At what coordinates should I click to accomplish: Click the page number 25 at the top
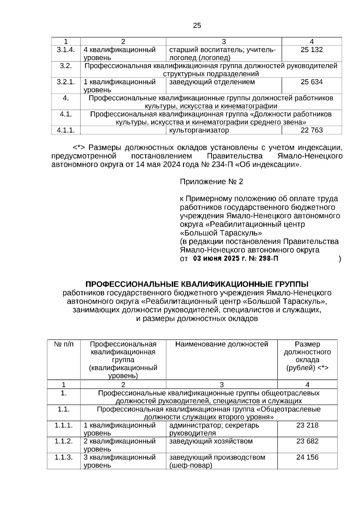pyautogui.click(x=197, y=26)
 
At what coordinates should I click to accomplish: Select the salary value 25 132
pyautogui.click(x=312, y=50)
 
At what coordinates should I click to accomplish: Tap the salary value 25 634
pyautogui.click(x=312, y=82)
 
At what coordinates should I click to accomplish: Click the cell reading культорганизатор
pyautogui.click(x=199, y=130)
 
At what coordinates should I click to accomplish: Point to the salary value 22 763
pyautogui.click(x=312, y=130)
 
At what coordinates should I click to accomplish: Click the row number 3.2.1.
pyautogui.click(x=66, y=82)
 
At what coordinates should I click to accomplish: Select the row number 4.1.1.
pyautogui.click(x=66, y=130)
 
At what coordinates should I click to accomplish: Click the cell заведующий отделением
pyautogui.click(x=212, y=82)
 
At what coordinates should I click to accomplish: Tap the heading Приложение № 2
pyautogui.click(x=211, y=182)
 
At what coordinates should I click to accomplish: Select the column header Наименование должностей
pyautogui.click(x=221, y=344)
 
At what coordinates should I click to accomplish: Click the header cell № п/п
pyautogui.click(x=64, y=344)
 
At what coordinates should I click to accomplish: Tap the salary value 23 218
pyautogui.click(x=307, y=425)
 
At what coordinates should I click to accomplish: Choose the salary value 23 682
pyautogui.click(x=307, y=441)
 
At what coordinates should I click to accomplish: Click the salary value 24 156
pyautogui.click(x=307, y=457)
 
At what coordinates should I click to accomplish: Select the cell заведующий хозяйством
pyautogui.click(x=211, y=441)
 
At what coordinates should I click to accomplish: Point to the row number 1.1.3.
pyautogui.click(x=64, y=457)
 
